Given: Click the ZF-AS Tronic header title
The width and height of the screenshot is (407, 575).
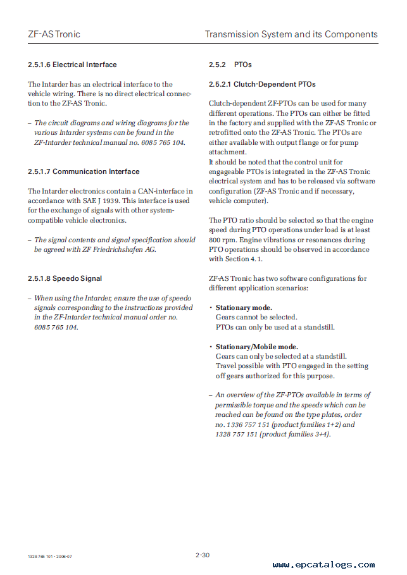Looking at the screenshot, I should click(54, 34).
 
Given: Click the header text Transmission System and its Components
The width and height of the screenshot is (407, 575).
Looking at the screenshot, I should click(291, 34).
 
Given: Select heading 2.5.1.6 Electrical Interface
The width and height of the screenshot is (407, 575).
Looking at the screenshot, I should click(72, 65).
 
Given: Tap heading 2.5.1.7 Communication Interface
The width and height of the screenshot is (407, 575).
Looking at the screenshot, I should click(84, 171).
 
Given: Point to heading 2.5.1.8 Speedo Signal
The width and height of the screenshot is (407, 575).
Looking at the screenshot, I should click(65, 278).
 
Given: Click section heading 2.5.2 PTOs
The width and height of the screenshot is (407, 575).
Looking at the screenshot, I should click(230, 65).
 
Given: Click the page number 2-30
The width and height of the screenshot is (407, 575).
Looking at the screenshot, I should click(203, 555).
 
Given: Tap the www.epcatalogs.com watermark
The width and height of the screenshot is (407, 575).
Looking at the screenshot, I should click(323, 564).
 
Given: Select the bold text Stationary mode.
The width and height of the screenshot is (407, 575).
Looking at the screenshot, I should click(244, 307).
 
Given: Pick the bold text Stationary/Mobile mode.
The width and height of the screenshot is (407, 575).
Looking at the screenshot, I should click(256, 347).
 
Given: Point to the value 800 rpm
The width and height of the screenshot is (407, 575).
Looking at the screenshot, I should click(222, 240).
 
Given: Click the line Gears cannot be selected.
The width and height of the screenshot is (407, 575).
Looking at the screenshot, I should click(256, 318).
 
